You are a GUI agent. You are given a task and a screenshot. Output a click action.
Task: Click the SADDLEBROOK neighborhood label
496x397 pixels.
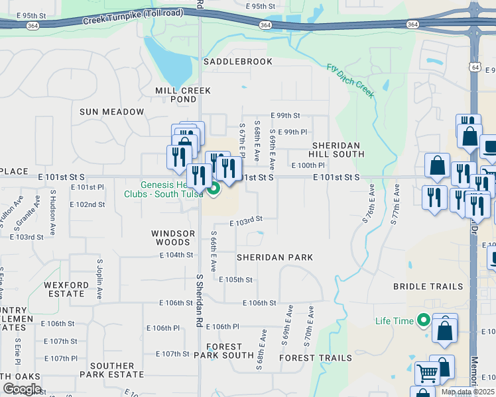tap(237, 62)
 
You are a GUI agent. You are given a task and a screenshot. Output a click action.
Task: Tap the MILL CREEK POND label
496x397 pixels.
tap(182, 95)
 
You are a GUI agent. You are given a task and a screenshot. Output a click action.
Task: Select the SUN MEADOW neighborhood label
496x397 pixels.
tap(111, 112)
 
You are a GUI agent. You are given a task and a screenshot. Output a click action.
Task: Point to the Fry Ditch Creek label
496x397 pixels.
tap(351, 80)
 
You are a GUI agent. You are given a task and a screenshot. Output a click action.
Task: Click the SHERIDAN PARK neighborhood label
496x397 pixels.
tap(274, 257)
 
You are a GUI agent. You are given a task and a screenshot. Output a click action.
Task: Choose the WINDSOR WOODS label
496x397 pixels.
tap(173, 238)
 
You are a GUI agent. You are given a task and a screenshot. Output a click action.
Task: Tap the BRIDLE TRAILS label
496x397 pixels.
tap(428, 287)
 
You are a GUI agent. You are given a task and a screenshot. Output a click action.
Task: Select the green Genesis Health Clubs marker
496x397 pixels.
tap(214, 190)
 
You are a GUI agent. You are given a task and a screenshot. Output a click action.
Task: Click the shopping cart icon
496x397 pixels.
tap(428, 374)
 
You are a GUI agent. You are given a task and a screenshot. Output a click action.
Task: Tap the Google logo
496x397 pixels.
tap(22, 388)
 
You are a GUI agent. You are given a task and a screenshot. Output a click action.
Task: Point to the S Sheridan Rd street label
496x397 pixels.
tap(199, 302)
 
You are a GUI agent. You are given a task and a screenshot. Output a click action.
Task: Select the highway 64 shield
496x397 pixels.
tap(475, 67)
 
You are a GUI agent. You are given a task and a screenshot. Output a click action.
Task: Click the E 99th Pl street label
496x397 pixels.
tap(292, 132)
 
